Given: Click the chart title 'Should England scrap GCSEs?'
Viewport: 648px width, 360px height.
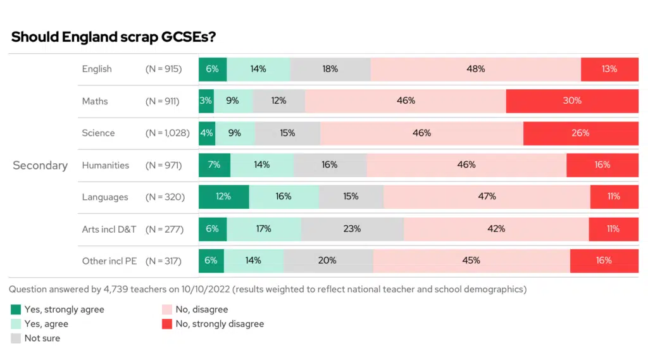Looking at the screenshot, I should [x=114, y=37].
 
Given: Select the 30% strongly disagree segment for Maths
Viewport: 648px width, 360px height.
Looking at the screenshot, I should [x=572, y=101].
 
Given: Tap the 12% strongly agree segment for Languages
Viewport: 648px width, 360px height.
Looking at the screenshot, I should [x=223, y=197].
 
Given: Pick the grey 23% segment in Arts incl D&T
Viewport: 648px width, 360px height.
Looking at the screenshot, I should [x=352, y=229].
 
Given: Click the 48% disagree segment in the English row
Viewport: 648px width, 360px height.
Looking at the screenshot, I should [x=476, y=69].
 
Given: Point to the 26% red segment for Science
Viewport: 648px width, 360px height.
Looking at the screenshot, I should [x=580, y=133].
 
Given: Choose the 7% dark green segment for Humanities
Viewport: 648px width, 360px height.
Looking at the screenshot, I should [x=215, y=164].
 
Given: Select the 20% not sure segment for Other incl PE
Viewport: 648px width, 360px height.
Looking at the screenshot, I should [x=328, y=261].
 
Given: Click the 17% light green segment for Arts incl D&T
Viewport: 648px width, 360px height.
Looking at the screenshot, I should [x=264, y=229].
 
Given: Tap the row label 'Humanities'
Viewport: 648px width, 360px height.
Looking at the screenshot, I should [x=105, y=165].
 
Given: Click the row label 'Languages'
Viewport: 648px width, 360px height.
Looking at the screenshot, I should [x=104, y=197].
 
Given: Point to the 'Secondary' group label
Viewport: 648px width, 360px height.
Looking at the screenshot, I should [x=40, y=165].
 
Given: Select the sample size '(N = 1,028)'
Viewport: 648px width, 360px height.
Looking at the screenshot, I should [x=165, y=133].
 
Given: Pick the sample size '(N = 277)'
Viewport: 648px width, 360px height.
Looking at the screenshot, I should [x=165, y=229].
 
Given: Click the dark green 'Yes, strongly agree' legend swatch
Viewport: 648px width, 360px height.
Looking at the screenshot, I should [x=16, y=310].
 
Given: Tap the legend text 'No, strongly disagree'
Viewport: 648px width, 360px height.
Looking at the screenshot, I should [x=220, y=324].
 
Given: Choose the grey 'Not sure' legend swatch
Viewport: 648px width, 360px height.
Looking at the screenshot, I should [x=16, y=338].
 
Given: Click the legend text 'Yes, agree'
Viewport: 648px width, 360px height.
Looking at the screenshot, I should [x=46, y=324].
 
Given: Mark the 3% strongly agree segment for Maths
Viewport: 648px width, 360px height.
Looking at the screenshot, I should [x=206, y=101].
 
